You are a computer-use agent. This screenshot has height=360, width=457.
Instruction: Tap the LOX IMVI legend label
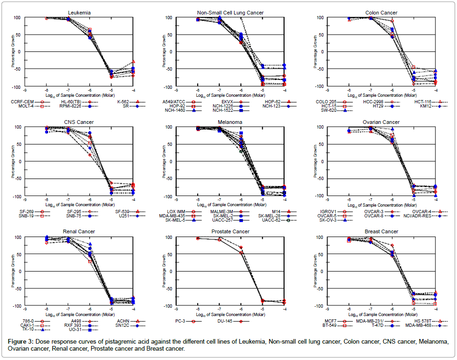pyautogui.click(x=176, y=211)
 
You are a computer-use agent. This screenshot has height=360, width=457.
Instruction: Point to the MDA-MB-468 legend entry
pyautogui.click(x=419, y=325)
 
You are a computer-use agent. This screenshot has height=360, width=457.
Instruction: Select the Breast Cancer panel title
pyautogui.click(x=382, y=231)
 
